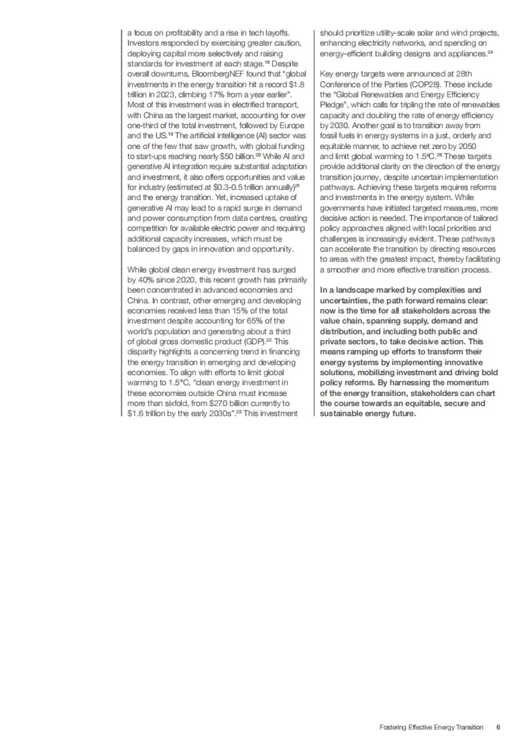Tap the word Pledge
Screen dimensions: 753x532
pos(331,105)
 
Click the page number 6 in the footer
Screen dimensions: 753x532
pos(498,727)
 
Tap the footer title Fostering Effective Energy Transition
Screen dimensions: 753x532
pos(431,728)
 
